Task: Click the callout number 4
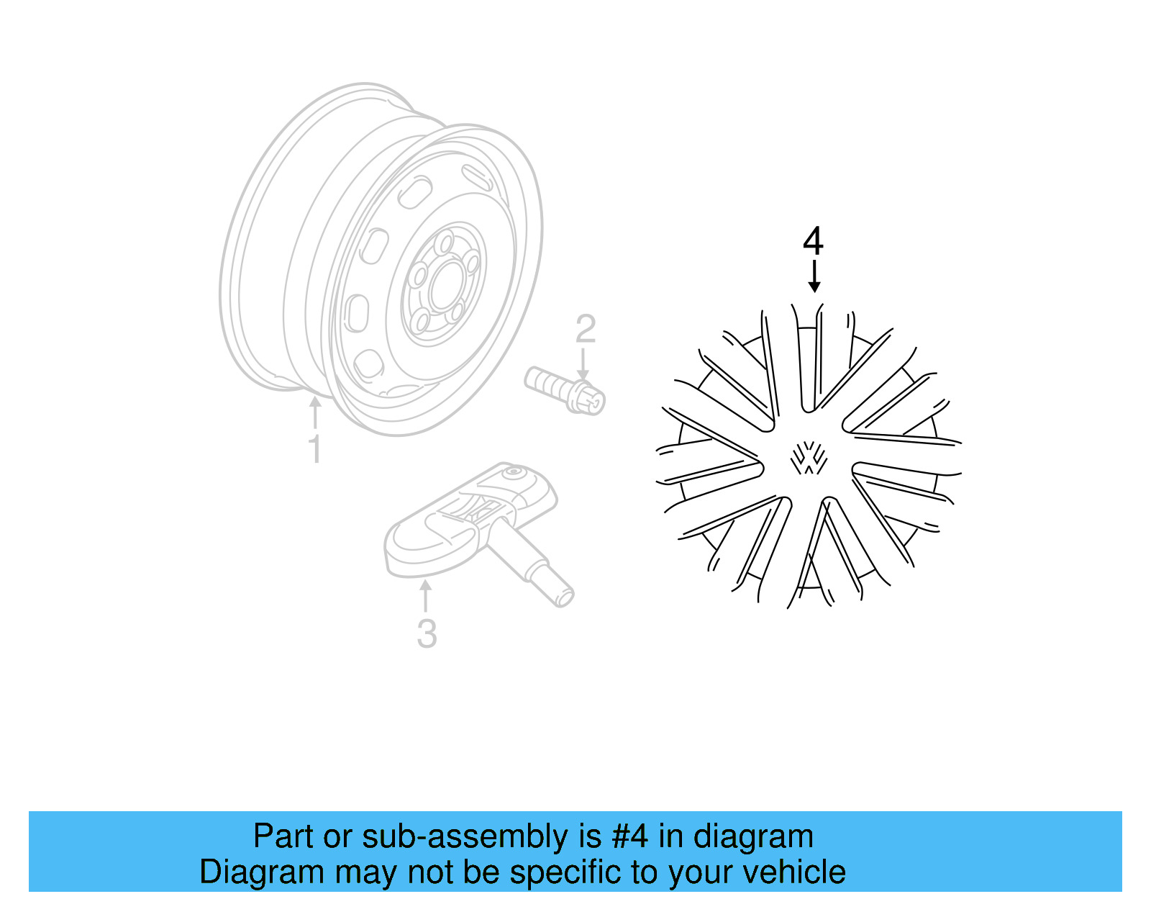point(813,242)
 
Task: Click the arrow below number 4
point(814,277)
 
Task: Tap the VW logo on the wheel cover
point(809,458)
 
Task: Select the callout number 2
point(586,330)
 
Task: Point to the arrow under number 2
point(583,363)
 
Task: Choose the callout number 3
point(427,634)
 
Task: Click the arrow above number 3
point(425,597)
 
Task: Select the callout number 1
point(314,449)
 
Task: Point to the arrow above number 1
point(314,413)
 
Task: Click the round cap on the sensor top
point(514,473)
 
